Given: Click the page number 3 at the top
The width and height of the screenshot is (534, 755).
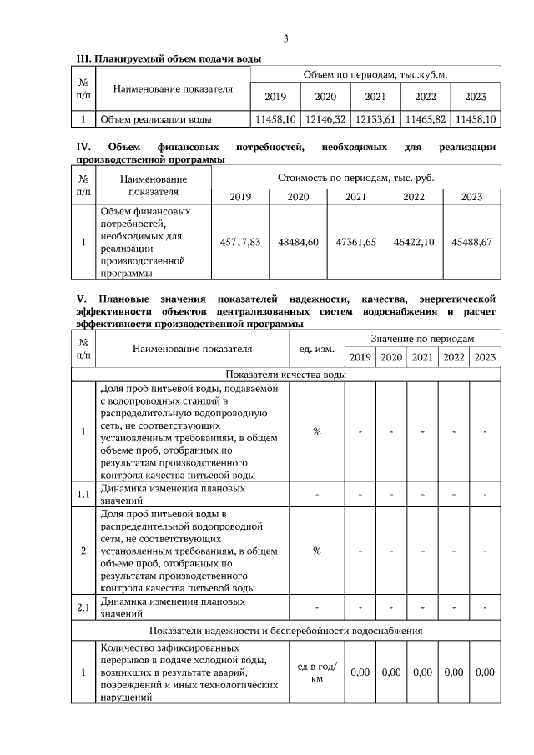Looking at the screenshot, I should (x=286, y=38).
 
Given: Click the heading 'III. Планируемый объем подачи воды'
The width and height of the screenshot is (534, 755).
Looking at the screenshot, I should (x=169, y=59).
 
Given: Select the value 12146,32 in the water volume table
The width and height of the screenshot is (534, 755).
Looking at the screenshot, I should (x=325, y=119).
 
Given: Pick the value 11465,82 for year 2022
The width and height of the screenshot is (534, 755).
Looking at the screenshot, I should (x=426, y=119).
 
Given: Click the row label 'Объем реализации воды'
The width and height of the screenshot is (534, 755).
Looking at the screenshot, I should (x=156, y=119).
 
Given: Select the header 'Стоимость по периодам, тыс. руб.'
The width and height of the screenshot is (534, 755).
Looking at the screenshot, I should (x=355, y=178).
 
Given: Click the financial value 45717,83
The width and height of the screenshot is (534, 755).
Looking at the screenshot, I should (x=240, y=241).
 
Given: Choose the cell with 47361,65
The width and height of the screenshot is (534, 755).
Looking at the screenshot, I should (x=356, y=241).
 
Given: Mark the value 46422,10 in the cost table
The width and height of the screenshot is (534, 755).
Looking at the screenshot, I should (x=414, y=241).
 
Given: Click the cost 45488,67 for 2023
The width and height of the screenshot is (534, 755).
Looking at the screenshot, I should (x=471, y=241).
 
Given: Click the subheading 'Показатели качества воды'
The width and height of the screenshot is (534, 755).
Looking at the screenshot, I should (x=285, y=375).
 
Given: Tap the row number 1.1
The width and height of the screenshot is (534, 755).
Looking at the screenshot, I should (x=83, y=493).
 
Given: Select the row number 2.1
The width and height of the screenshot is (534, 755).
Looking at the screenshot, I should (x=83, y=607).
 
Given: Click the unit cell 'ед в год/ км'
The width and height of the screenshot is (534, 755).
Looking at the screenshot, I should (x=317, y=672).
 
